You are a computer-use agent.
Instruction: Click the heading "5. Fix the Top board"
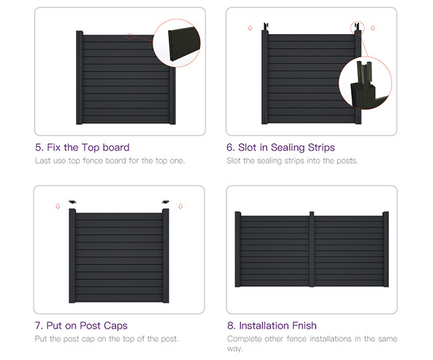pos(83,147)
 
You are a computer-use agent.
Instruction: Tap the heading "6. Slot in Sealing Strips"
pos(280,147)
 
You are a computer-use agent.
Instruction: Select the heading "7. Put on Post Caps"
pos(81,326)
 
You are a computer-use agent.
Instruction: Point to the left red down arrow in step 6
pos(250,28)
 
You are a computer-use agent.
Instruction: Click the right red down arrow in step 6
pos(373,28)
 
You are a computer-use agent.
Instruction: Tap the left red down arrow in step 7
pos(58,207)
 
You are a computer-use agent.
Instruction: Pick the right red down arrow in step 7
pos(181,207)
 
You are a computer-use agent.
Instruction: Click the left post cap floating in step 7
pos(73,202)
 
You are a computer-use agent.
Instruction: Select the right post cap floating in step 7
pos(166,202)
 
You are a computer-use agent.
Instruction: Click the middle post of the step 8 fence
pos(312,249)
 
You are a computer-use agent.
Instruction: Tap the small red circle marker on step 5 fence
pos(130,36)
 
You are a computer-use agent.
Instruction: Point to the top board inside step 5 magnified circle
pos(184,43)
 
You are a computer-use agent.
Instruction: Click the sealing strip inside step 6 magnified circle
pos(364,73)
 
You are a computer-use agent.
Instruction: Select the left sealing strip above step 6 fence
pos(266,27)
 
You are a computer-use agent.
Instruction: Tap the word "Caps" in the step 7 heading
pos(116,326)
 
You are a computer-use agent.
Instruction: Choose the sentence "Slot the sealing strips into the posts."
pos(292,161)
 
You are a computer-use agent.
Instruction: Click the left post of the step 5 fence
pos(79,77)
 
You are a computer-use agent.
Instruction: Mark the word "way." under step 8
pos(235,349)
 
